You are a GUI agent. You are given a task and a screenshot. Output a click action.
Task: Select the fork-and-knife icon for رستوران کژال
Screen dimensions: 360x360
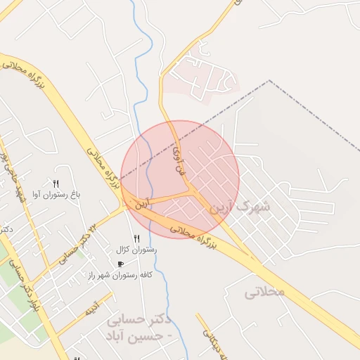pyautogui.click(x=136, y=239)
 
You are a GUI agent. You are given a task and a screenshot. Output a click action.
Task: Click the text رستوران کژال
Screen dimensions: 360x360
pyautogui.click(x=136, y=250)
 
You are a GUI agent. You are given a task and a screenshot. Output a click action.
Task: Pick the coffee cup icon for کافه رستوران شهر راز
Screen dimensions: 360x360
pyautogui.click(x=121, y=264)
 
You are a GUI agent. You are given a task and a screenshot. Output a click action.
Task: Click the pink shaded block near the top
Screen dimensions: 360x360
pyautogui.click(x=204, y=77)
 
